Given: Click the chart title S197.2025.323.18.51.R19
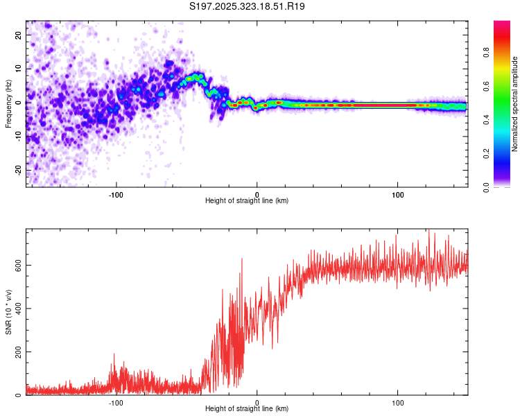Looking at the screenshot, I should coord(248,6).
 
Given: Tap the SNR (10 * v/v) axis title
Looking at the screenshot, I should coord(8,312).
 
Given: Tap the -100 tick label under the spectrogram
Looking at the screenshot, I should coord(116,194).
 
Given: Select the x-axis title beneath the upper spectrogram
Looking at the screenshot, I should coord(247,201).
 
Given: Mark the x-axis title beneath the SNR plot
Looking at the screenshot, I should coord(247,409).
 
